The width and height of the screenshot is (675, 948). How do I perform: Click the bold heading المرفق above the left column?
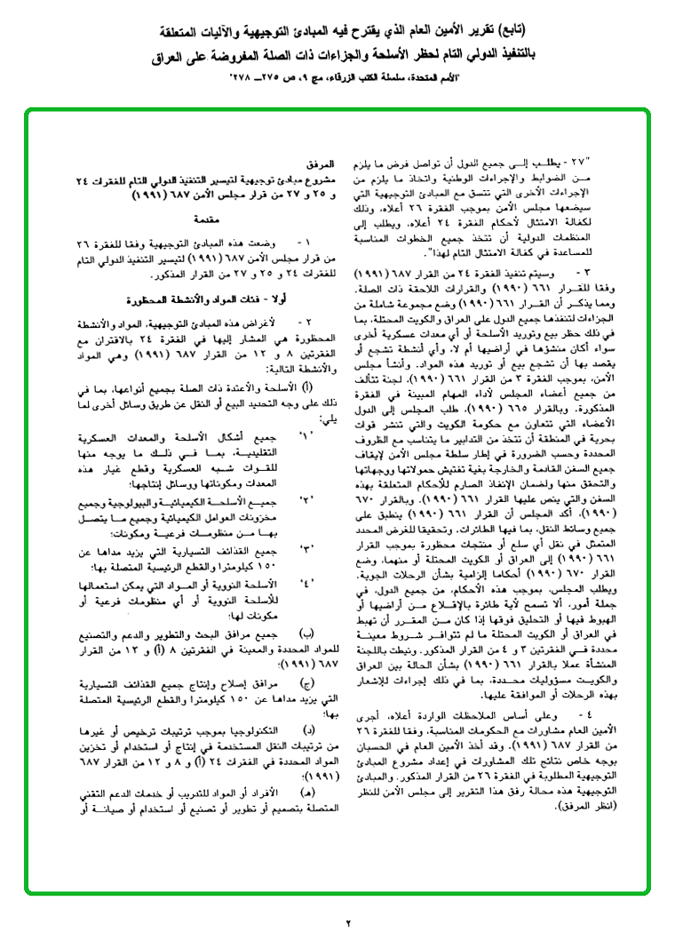point(323,165)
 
